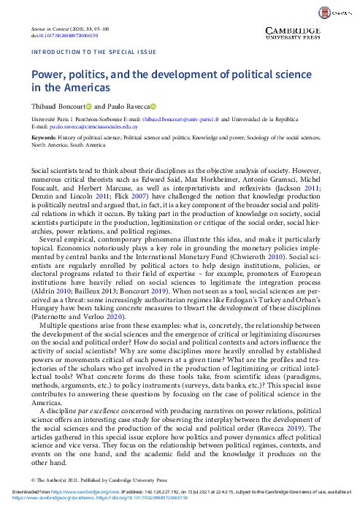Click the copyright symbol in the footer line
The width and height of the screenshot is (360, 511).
click(33, 480)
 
